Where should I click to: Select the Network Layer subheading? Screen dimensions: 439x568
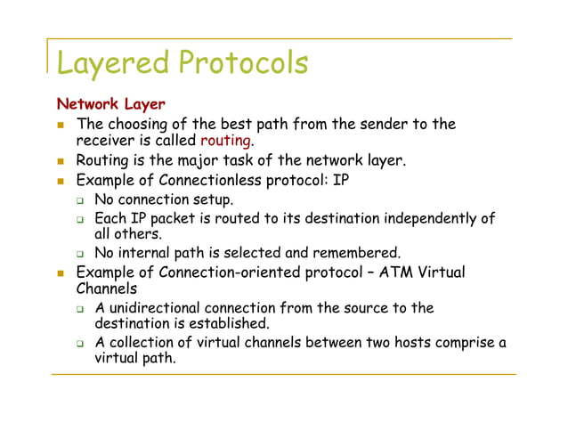pos(110,105)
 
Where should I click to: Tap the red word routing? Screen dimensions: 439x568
pos(227,141)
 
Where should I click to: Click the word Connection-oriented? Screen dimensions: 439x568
pos(237,272)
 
